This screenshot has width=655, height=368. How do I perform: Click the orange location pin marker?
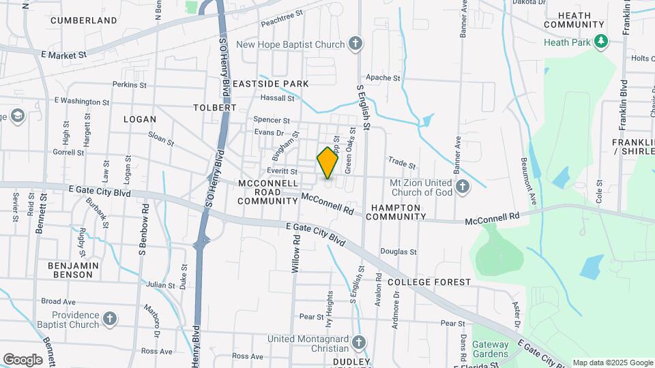[x=328, y=162]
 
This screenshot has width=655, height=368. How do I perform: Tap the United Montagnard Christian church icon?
[x=360, y=341]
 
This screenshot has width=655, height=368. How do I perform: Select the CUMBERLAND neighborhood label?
[x=84, y=20]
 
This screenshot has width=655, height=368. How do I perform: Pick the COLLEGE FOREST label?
[x=428, y=281]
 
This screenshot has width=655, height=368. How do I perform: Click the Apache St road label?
[x=383, y=78]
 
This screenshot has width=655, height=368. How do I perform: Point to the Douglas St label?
[x=398, y=251]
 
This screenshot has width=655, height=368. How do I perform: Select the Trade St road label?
[x=402, y=164]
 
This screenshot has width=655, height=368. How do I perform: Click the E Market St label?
[x=64, y=55]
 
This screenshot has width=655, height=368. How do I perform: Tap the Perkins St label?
[x=130, y=85]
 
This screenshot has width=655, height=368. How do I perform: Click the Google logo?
[x=23, y=360]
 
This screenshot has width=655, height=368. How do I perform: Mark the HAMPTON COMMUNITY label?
[x=396, y=211]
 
